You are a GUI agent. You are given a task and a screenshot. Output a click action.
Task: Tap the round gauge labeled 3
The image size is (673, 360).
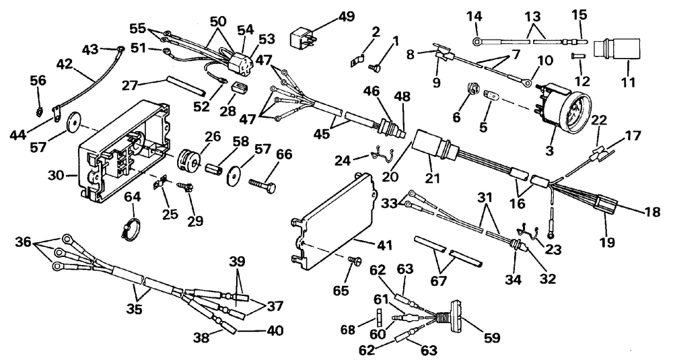click(562, 112)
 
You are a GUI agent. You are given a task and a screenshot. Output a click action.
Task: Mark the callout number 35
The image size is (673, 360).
click(135, 309)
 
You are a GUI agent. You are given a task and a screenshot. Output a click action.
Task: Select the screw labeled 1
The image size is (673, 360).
click(374, 66)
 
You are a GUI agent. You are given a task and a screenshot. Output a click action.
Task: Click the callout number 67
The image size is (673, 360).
click(439, 281)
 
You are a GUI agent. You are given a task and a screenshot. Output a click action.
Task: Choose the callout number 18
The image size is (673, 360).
click(652, 211)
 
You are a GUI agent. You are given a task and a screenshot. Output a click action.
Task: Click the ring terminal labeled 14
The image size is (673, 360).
click(477, 42)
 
